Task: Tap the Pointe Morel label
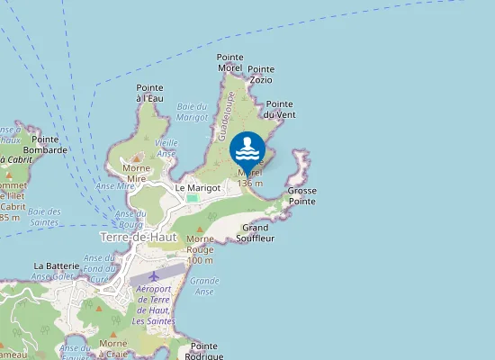[230, 62]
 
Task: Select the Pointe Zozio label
[261, 74]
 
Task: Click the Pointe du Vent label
[280, 109]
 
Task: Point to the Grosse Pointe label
[302, 196]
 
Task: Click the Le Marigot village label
[198, 187]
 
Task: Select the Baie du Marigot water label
[193, 112]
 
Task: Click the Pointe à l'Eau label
[149, 93]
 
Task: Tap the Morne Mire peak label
[136, 174]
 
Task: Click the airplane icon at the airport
[154, 274]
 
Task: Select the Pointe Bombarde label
[49, 145]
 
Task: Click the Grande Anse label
[205, 286]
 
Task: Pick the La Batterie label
[57, 266]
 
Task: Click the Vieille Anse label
[166, 148]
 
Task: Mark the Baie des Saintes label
[44, 217]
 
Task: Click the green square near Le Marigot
[192, 198]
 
